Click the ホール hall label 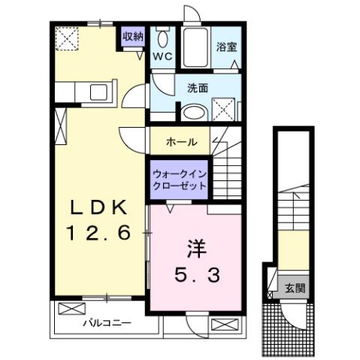[x=182, y=141]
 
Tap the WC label [x=162, y=56]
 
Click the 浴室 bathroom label [x=226, y=47]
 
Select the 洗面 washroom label [x=198, y=86]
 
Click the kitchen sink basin [x=98, y=92]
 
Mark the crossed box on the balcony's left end [x=68, y=310]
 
